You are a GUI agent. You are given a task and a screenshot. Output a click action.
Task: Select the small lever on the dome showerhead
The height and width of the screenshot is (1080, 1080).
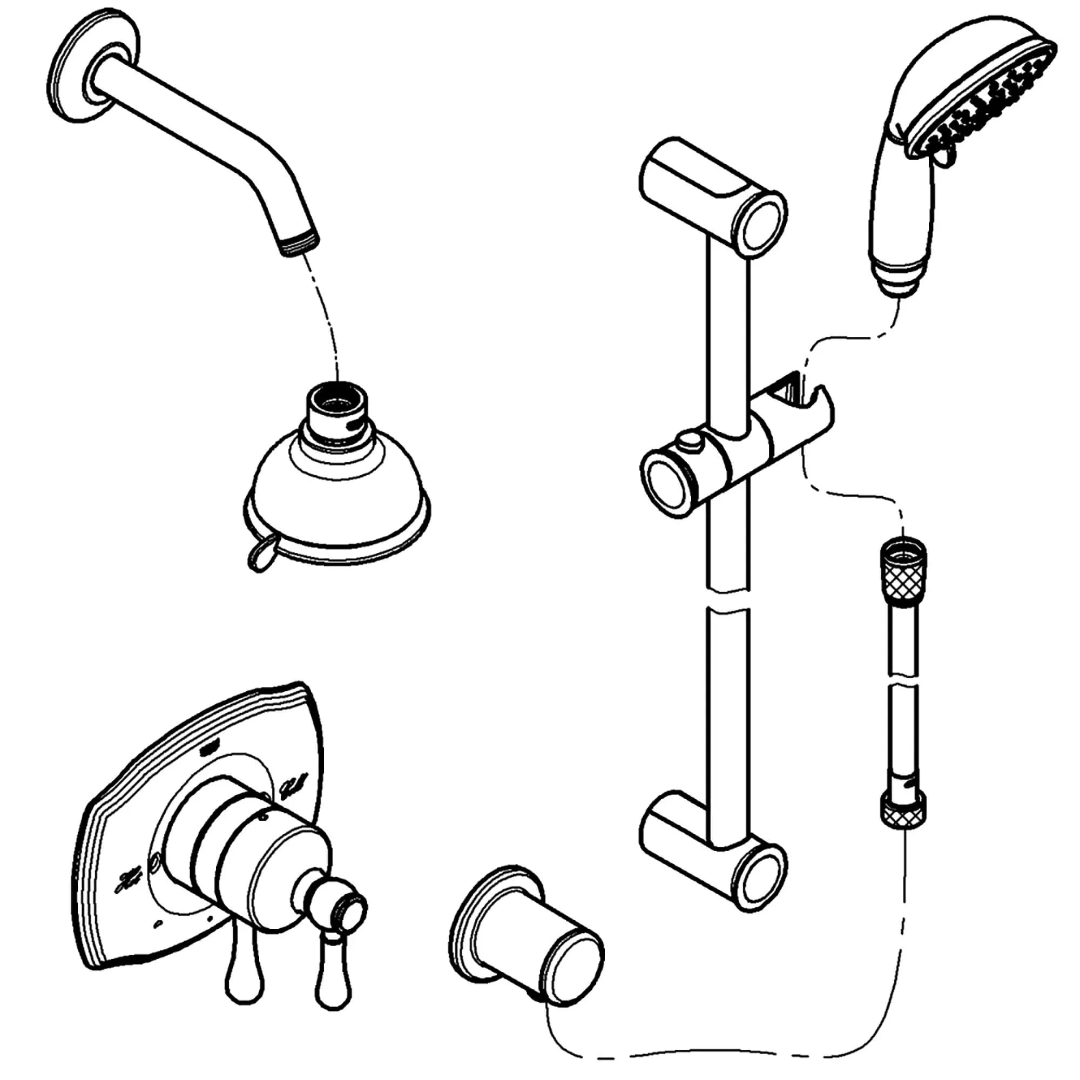coord(260,553)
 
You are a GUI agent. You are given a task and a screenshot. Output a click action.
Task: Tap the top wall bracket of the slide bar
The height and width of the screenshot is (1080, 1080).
coord(713,193)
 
